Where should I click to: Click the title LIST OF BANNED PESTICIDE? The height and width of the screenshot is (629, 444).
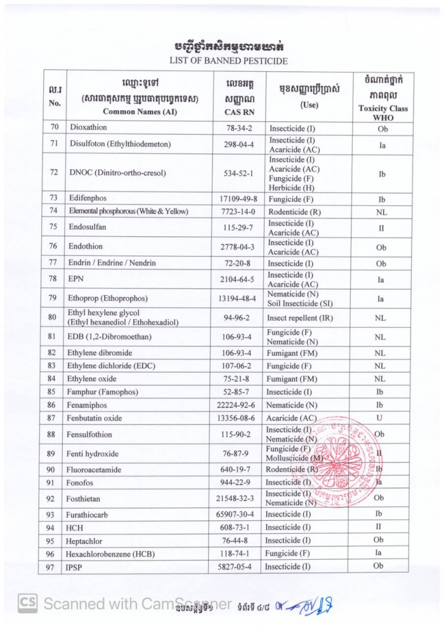(x=228, y=61)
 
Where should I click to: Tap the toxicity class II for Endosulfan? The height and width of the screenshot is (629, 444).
(x=382, y=227)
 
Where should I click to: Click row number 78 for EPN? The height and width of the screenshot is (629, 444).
(x=54, y=278)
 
